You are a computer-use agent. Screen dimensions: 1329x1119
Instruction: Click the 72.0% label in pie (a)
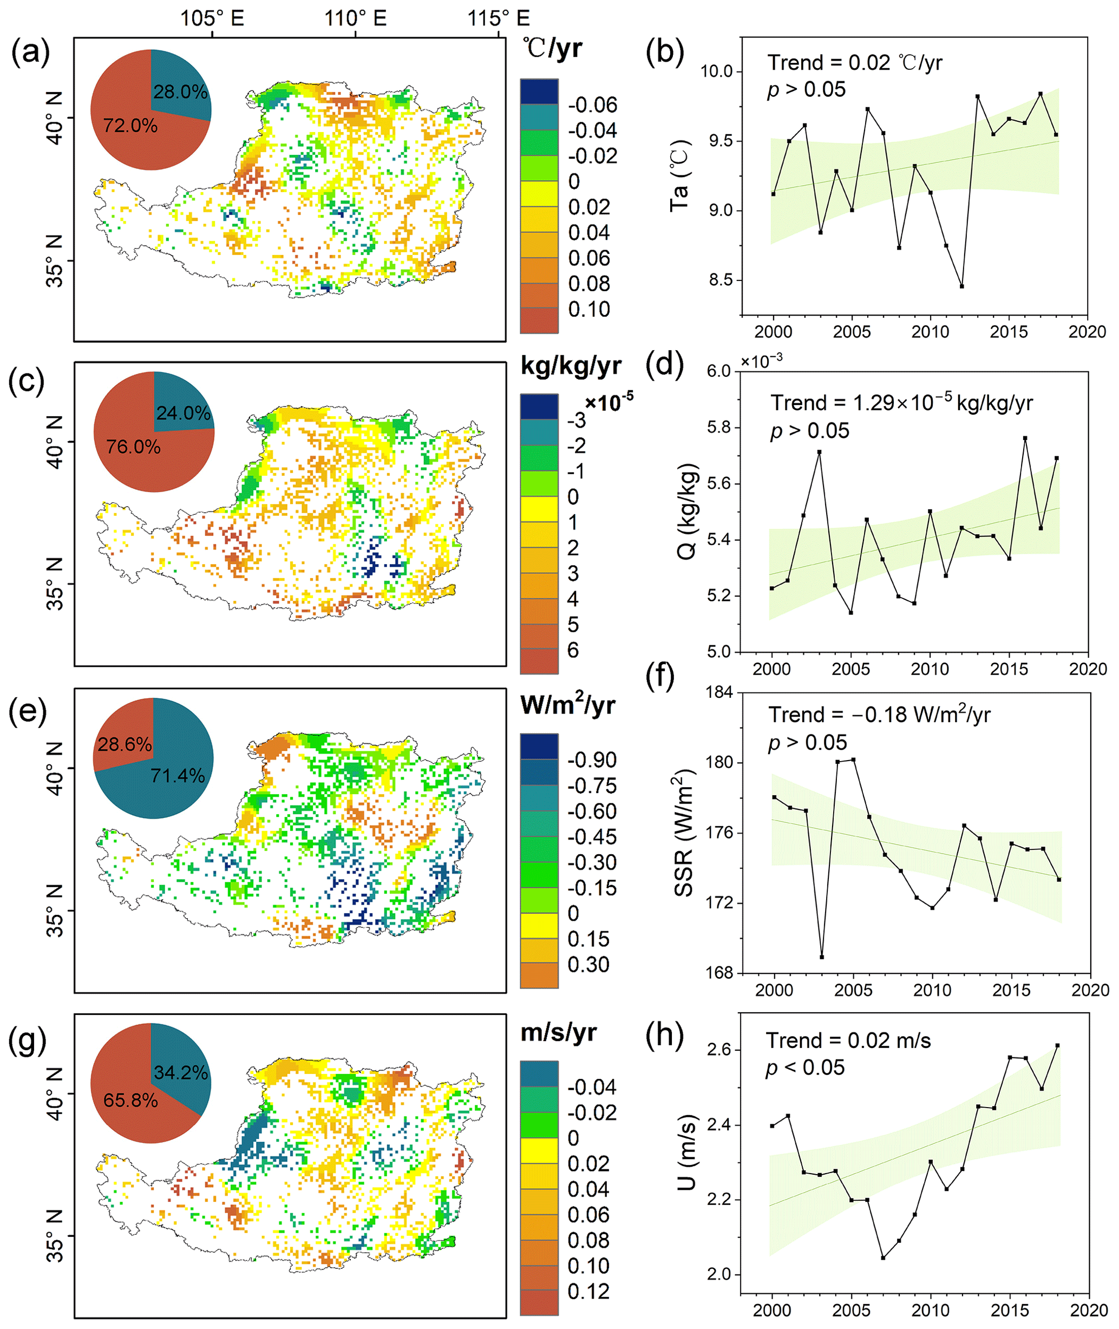click(130, 126)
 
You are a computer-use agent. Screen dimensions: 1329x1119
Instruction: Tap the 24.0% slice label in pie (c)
click(184, 413)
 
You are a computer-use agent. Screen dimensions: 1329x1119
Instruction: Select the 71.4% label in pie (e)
click(178, 775)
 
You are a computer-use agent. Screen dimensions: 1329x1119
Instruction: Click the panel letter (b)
click(664, 52)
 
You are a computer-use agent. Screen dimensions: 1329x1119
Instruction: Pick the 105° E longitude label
click(212, 18)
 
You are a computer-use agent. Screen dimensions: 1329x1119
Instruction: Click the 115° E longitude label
click(499, 18)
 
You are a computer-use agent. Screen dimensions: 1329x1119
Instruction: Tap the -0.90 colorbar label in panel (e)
click(592, 760)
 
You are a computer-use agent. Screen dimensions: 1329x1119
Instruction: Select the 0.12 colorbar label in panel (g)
click(588, 1292)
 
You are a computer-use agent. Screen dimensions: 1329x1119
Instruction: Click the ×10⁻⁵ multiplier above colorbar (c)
click(609, 402)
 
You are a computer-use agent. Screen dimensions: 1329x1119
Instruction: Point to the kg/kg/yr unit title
click(571, 366)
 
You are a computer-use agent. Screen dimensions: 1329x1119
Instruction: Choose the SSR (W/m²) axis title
click(684, 832)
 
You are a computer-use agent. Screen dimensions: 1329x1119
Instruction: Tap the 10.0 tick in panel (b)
click(716, 71)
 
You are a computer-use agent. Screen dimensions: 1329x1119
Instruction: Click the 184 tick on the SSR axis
click(719, 691)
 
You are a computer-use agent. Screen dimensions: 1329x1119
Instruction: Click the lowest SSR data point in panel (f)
click(822, 957)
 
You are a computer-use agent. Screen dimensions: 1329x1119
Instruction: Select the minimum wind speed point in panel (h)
click(883, 1258)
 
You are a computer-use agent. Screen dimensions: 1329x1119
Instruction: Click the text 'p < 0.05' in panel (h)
click(805, 1068)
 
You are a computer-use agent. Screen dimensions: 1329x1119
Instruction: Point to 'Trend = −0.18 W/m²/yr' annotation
click(879, 715)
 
